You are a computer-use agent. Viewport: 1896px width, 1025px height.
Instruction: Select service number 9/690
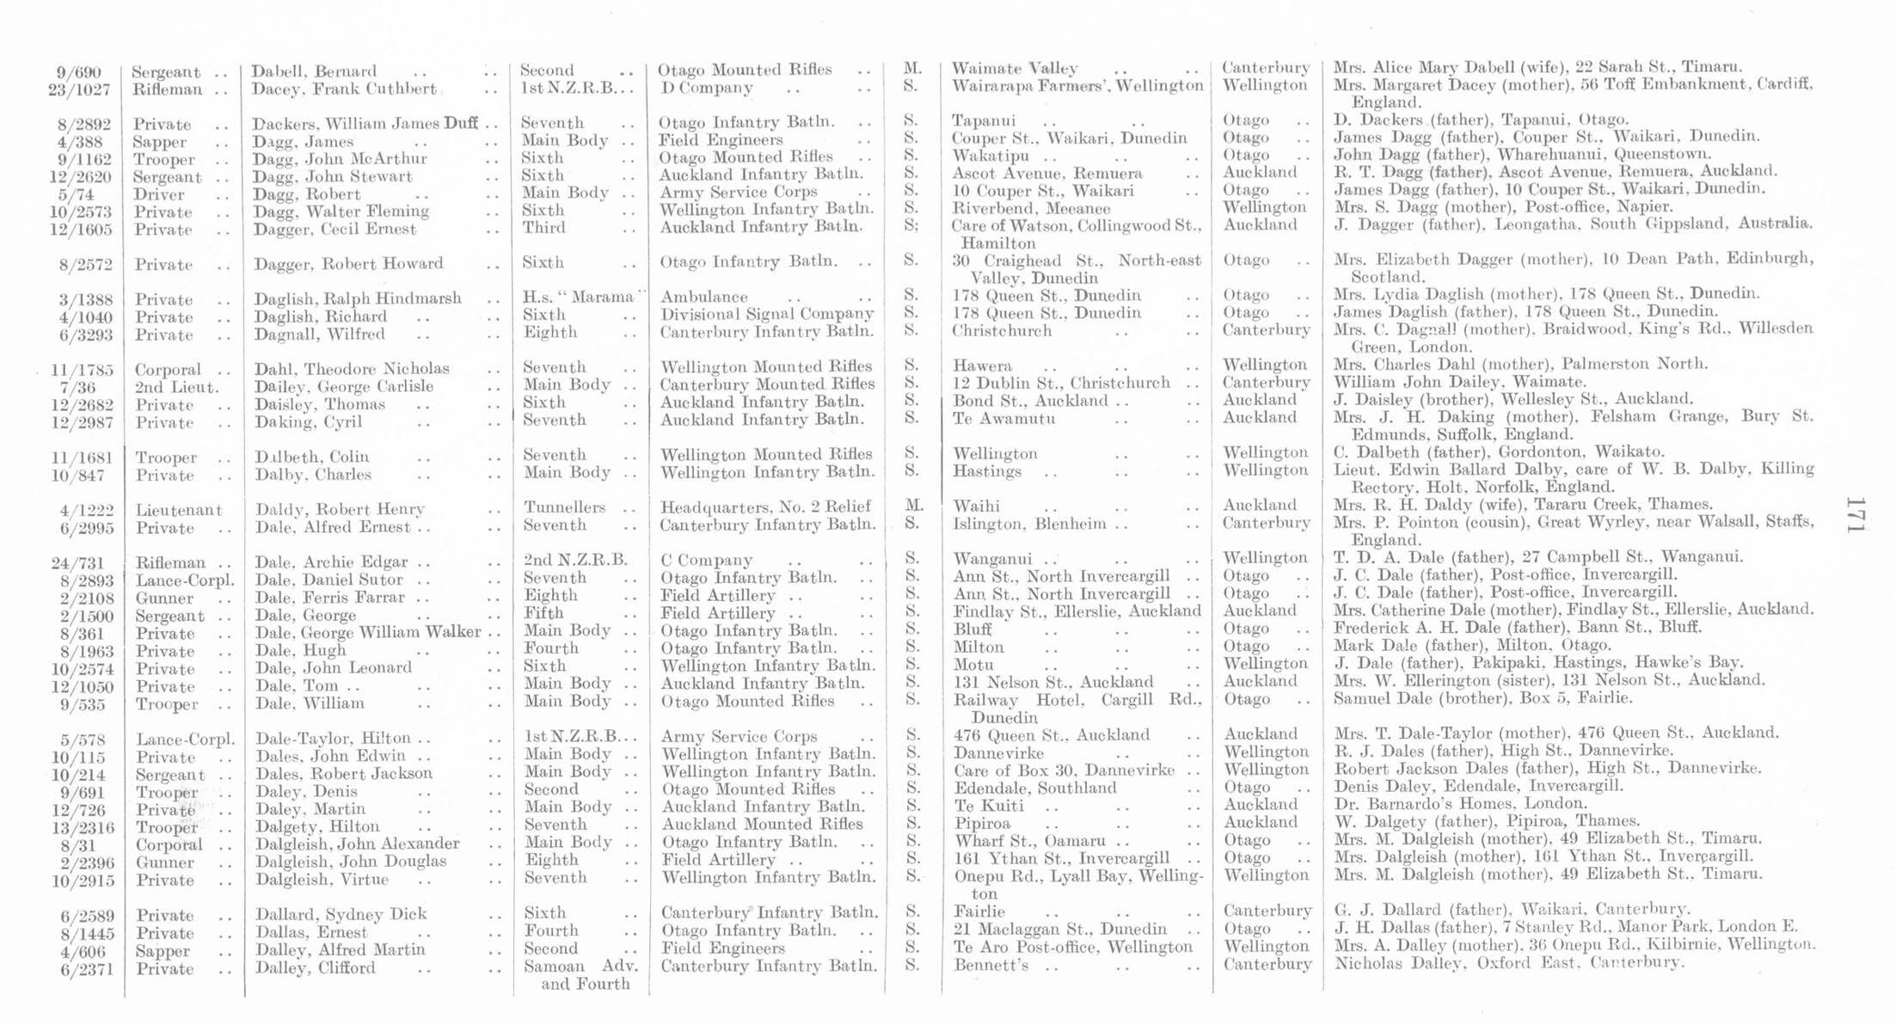pos(77,72)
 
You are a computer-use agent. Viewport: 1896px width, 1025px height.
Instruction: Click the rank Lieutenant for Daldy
pos(178,510)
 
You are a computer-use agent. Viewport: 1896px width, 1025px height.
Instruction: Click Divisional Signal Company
pos(766,314)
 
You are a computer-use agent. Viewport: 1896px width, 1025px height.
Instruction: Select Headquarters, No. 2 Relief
pos(765,506)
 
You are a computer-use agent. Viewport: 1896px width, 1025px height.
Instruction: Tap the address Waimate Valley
pos(1015,69)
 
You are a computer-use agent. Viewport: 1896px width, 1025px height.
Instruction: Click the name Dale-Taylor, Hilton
pos(333,739)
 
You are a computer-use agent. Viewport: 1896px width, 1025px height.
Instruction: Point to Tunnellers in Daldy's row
pos(564,507)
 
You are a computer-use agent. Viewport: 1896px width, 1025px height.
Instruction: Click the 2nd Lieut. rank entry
pos(175,387)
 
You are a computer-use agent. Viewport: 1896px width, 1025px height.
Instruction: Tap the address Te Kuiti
pos(989,806)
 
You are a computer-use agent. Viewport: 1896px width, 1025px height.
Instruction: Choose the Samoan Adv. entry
pos(580,966)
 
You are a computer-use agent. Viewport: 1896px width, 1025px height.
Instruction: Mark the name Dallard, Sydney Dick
pos(341,914)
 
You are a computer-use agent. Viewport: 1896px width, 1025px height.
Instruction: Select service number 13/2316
pos(81,827)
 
